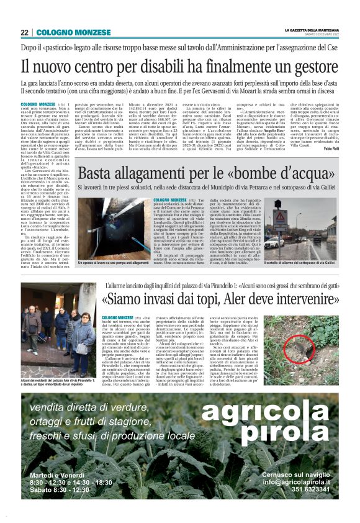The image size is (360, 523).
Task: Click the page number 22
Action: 24,32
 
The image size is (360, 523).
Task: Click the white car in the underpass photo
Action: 271,243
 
